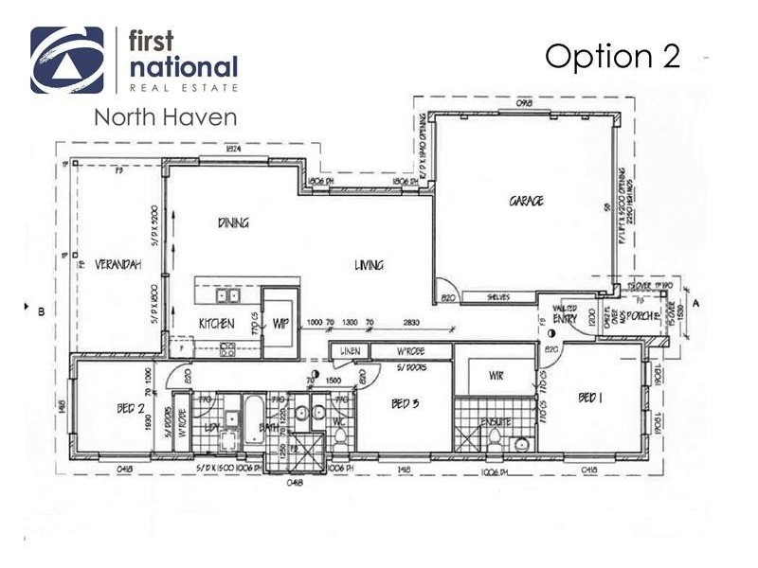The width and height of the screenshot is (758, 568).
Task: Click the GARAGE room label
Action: [526, 201]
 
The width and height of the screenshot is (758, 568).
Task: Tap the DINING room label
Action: [233, 223]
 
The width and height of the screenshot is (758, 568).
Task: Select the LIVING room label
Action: [369, 265]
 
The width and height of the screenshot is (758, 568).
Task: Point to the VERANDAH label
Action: [117, 265]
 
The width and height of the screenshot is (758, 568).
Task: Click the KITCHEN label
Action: [216, 324]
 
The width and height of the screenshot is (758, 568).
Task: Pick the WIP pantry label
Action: [280, 324]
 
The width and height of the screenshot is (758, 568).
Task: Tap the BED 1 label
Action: [590, 399]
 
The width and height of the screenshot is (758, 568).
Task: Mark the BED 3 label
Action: [405, 404]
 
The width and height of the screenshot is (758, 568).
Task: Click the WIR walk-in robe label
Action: [496, 376]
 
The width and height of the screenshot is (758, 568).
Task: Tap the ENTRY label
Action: [566, 320]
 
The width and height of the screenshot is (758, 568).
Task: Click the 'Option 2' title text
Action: [612, 57]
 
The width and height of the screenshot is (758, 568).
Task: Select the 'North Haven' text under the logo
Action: [165, 117]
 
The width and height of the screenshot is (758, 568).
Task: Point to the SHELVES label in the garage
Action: [498, 297]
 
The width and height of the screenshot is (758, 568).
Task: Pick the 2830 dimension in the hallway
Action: [410, 323]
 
